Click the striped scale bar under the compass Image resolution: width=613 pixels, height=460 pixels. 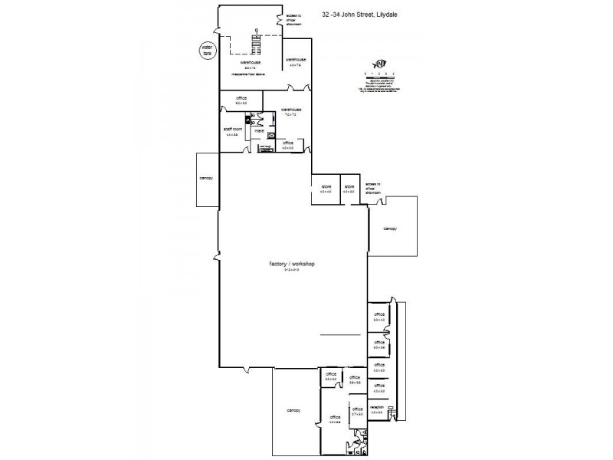tap(380, 75)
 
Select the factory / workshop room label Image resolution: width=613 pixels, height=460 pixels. tap(292, 264)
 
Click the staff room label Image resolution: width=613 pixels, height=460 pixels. tap(233, 130)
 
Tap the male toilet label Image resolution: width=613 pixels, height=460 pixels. tap(259, 131)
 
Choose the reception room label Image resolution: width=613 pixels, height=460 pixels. tap(376, 407)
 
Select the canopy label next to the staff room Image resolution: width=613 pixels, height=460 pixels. tap(205, 178)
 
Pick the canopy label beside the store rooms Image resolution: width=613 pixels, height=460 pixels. tap(390, 228)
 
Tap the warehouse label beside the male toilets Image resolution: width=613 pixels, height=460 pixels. tap(291, 110)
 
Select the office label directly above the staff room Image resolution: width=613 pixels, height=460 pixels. tap(241, 98)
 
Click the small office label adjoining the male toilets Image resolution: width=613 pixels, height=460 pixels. tap(287, 143)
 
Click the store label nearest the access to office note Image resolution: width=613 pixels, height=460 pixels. tap(349, 186)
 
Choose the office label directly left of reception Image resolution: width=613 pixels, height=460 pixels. tap(356, 409)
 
